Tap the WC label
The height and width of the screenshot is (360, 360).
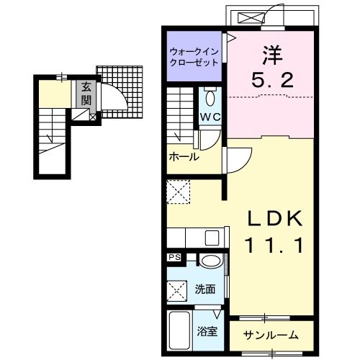(x=210, y=117)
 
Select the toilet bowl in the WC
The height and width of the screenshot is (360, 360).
(x=210, y=98)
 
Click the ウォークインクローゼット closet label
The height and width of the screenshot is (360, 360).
(x=194, y=57)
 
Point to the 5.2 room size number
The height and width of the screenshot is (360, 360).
(x=273, y=80)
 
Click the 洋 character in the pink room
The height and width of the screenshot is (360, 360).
(x=272, y=55)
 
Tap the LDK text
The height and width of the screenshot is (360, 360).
(x=275, y=218)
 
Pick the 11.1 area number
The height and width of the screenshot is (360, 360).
(x=274, y=246)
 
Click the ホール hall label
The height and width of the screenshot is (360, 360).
(x=184, y=157)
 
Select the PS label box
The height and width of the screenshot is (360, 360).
(x=174, y=257)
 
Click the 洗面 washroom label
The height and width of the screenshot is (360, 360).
(x=204, y=289)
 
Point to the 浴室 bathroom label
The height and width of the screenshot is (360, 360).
(x=207, y=331)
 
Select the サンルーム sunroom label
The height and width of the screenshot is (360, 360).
(x=271, y=335)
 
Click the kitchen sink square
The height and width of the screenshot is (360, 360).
(x=212, y=238)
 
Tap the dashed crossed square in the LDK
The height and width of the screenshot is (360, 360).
(x=179, y=192)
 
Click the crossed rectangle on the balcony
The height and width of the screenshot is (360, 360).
(x=250, y=17)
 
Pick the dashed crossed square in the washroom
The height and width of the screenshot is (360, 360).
(x=177, y=291)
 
